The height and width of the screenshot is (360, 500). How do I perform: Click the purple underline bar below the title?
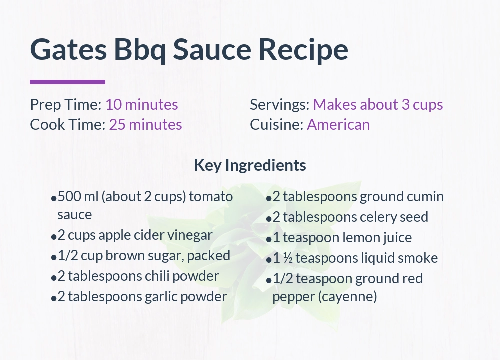coord(67,82)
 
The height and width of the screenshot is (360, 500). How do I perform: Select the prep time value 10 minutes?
coord(141,105)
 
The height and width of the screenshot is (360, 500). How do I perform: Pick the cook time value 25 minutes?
coord(145,124)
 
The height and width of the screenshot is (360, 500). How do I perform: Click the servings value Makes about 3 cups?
coord(378,105)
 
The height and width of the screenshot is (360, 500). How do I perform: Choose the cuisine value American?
coord(338,124)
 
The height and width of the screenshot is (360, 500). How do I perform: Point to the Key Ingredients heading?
coord(250,165)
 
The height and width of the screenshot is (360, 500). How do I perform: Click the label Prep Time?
coord(66,105)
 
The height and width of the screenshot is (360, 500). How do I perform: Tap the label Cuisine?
coord(276,124)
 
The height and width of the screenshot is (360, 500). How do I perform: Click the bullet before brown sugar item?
coord(53,257)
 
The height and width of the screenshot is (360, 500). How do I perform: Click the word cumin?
coord(426,197)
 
